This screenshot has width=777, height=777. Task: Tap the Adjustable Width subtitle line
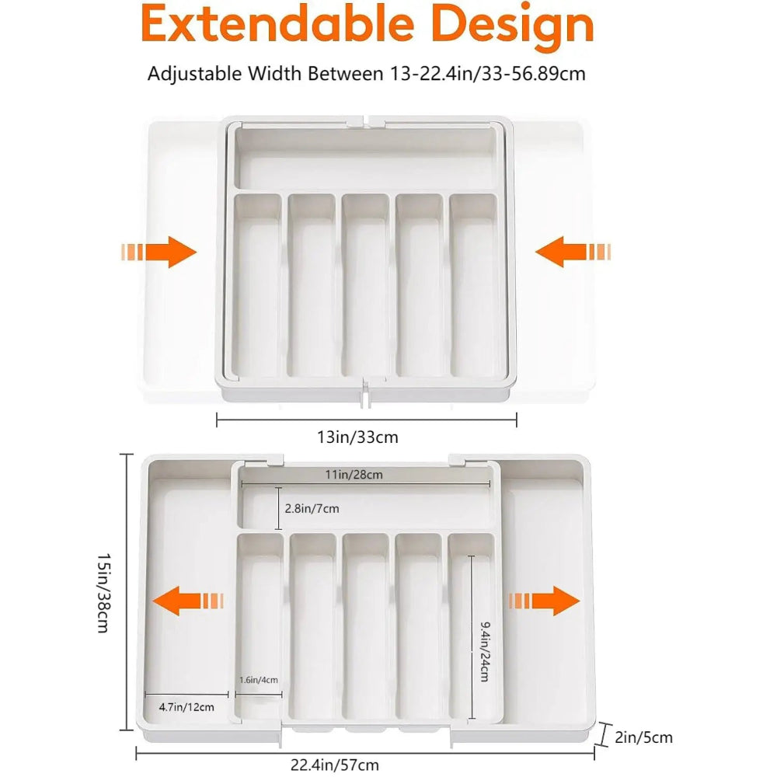pos(366,74)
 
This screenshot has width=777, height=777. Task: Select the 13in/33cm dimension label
pos(357,437)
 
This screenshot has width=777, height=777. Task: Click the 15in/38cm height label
pos(103,592)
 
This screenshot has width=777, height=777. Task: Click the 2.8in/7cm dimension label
pos(312,508)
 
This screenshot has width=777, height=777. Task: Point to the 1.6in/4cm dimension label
pos(259,680)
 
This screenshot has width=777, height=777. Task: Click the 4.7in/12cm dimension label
pos(186,706)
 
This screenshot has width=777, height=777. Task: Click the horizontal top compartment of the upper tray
pos(365,159)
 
